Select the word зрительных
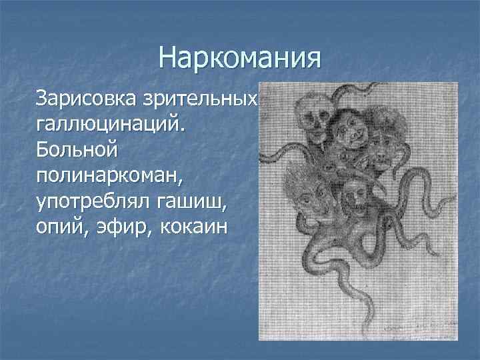click(x=200, y=99)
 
